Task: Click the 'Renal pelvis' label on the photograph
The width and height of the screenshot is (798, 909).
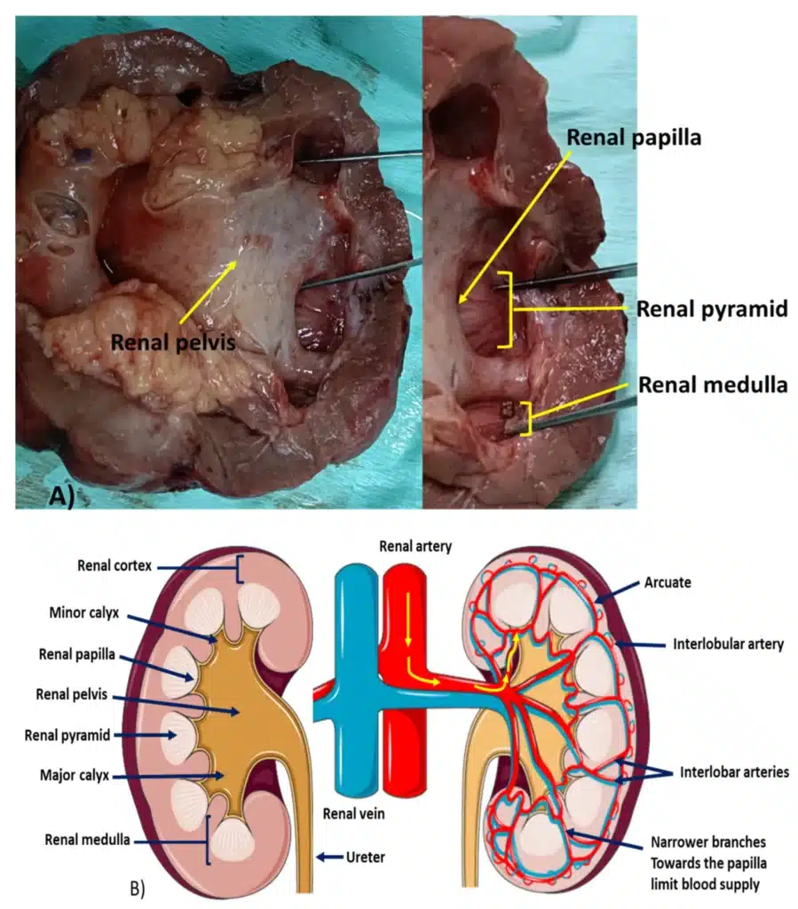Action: coord(173,342)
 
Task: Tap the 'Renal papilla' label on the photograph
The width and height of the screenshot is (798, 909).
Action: coord(634,138)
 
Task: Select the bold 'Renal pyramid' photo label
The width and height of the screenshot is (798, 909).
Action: coord(712,309)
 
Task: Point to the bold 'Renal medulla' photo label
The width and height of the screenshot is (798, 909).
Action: coord(713,385)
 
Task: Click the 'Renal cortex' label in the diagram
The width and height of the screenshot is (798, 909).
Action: coord(115,565)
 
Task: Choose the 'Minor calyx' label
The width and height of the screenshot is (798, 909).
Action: coord(84,613)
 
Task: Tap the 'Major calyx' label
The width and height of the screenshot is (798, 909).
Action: coord(75,775)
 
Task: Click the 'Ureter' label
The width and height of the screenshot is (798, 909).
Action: coord(365,857)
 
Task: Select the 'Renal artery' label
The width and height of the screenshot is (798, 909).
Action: coord(415,546)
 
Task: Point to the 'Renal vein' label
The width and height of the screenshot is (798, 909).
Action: coord(353,814)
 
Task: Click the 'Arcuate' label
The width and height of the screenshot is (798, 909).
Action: coord(668,582)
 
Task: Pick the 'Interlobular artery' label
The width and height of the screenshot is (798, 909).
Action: coord(728,644)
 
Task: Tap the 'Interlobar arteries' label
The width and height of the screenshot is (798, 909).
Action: coord(734,772)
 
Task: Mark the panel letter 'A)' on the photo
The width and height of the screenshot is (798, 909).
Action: coord(62,497)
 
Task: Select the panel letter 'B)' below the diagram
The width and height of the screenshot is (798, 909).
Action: coord(138,889)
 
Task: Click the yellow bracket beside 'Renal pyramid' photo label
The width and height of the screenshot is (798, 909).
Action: coord(510,310)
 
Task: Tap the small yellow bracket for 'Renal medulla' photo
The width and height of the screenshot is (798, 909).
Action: coord(528,419)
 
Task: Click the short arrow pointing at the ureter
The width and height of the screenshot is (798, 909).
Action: coord(329,857)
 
